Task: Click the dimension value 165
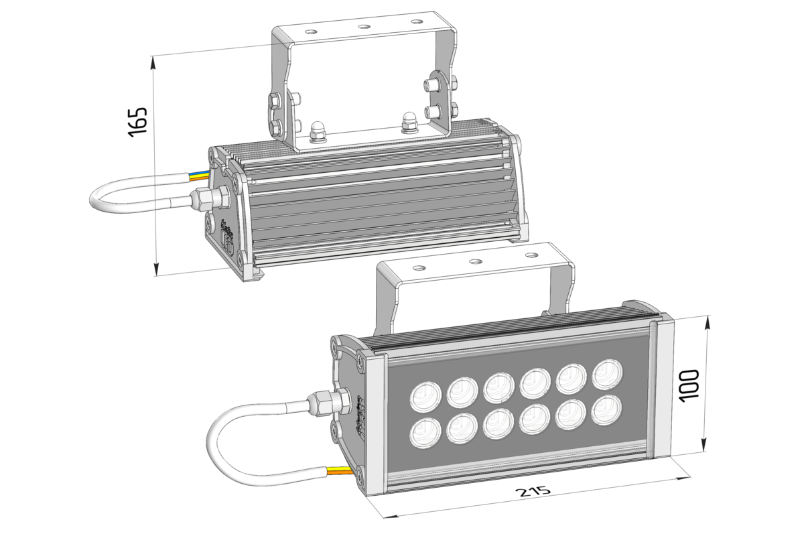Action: (x=137, y=121)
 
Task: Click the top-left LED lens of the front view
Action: (x=424, y=395)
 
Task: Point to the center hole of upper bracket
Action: (x=364, y=27)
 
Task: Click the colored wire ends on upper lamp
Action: (x=199, y=177)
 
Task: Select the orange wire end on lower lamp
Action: (x=340, y=472)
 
